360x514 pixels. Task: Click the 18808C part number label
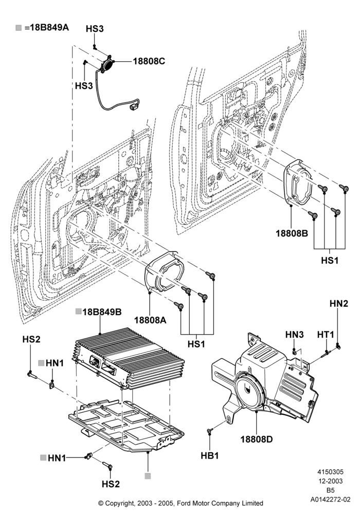[149, 61]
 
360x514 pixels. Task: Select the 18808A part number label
[150, 320]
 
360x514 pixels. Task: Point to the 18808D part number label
[257, 439]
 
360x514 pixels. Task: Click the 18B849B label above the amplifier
[102, 312]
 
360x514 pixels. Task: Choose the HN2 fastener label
[339, 304]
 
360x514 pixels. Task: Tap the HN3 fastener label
[294, 335]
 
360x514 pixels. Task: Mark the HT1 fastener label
[326, 335]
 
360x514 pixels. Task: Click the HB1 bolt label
[210, 455]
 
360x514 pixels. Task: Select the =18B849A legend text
[47, 27]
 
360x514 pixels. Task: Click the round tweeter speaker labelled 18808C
[107, 65]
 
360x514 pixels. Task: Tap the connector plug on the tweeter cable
[134, 105]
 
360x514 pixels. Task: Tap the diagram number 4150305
[330, 472]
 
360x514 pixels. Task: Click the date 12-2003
[330, 481]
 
